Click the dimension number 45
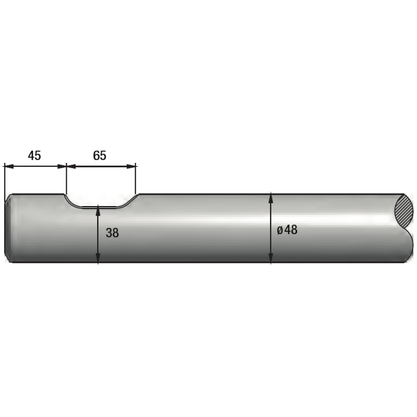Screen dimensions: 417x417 34,155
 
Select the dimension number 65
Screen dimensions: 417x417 100,155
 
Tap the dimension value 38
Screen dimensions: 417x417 112,233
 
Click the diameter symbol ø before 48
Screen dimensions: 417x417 280,230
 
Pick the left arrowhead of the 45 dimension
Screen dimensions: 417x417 9,166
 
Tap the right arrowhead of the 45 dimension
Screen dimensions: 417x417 62,166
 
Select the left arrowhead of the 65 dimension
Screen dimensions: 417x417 71,166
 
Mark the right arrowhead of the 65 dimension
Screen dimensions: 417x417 131,166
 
